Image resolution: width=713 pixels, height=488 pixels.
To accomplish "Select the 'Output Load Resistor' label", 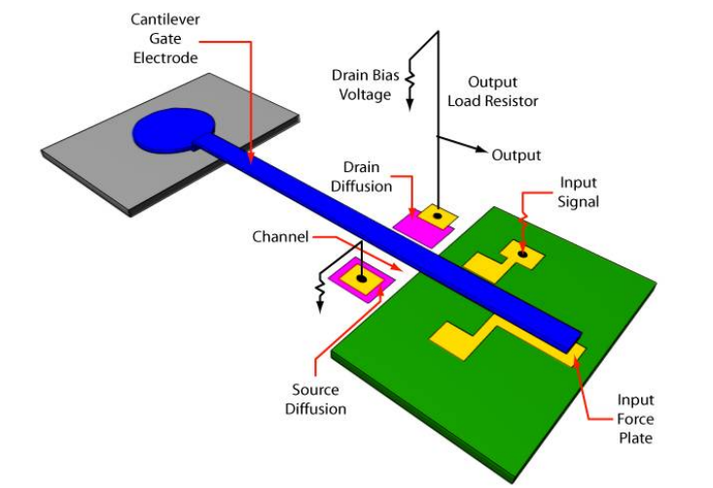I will tap(503, 91).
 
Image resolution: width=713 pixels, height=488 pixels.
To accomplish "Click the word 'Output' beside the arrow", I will tap(517, 155).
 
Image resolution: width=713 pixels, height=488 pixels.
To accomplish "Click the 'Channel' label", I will tap(280, 236).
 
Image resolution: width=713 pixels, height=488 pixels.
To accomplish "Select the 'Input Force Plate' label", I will tap(635, 419).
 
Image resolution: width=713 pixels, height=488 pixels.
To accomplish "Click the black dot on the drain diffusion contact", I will tap(438, 215).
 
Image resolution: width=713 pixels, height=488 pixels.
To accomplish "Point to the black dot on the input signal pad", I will tap(523, 255).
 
